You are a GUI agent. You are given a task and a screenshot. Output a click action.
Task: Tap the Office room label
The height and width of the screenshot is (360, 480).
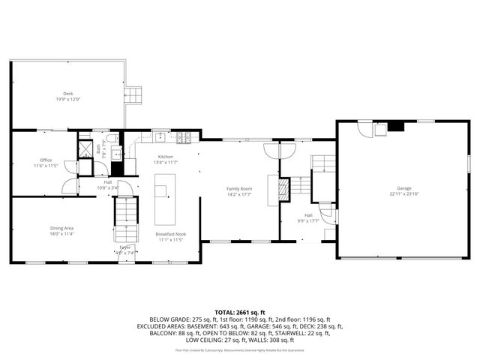point(46,160)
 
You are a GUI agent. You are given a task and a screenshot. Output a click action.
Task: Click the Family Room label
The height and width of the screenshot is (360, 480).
point(240,188)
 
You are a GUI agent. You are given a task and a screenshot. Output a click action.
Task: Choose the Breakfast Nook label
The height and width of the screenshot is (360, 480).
point(170,235)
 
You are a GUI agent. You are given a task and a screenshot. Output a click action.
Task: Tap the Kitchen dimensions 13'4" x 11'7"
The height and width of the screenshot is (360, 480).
point(165,162)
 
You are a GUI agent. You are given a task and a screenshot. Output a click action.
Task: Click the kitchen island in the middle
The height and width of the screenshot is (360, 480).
point(165,199)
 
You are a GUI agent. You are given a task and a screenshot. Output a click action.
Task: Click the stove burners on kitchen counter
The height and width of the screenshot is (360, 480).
point(184,136)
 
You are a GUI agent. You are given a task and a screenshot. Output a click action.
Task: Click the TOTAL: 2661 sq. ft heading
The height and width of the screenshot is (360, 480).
point(240,312)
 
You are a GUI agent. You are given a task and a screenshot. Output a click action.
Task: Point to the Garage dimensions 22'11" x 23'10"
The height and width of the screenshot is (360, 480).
point(404,194)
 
